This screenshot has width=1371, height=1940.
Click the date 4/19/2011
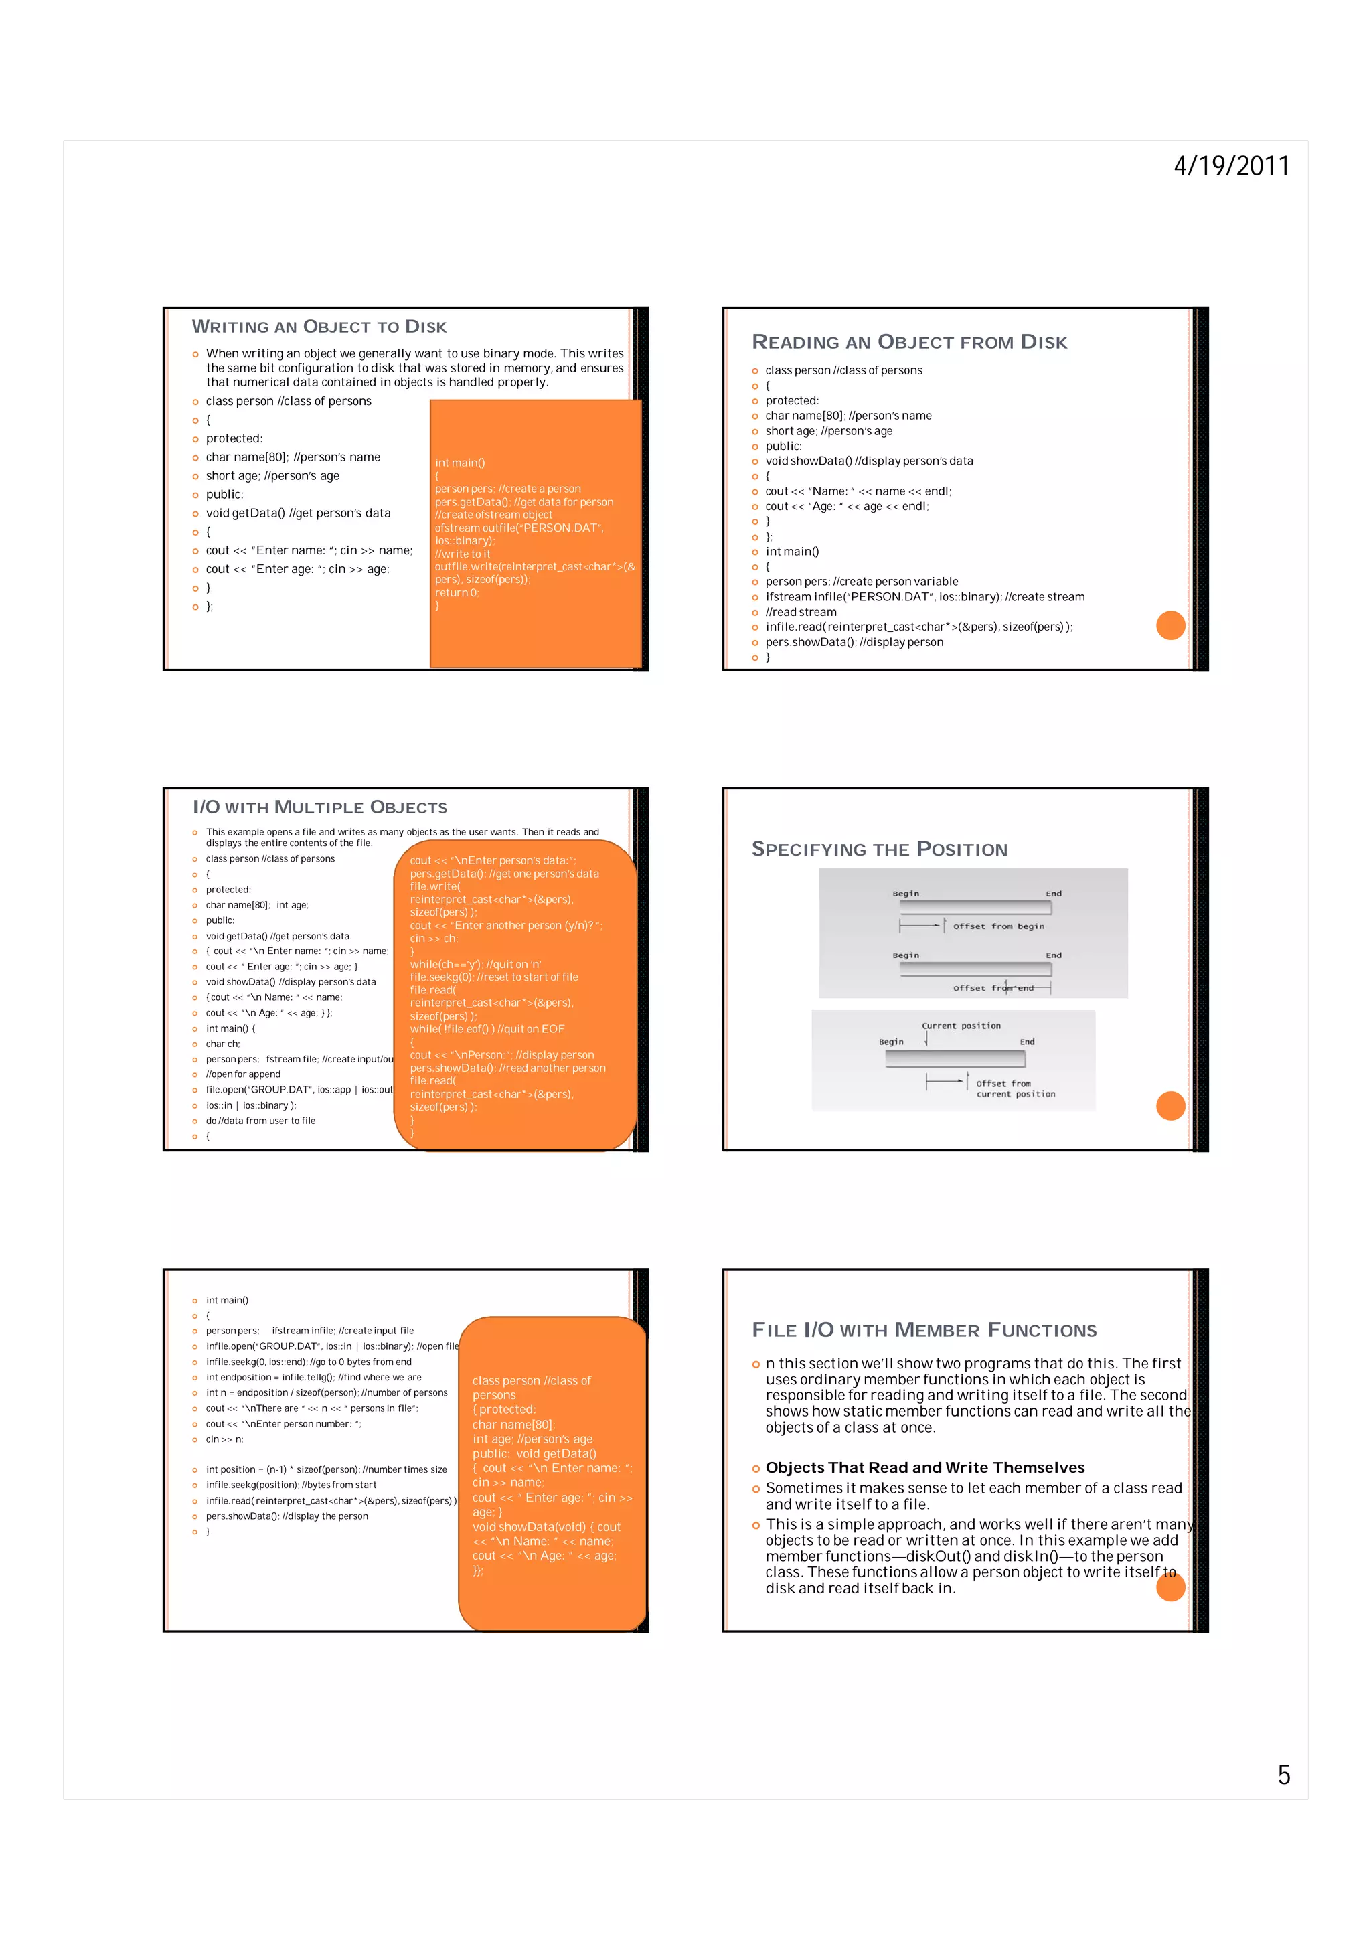point(1231,165)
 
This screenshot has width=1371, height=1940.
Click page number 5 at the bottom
point(1283,1775)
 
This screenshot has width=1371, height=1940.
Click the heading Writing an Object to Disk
point(319,327)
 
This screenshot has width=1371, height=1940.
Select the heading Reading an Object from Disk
point(909,342)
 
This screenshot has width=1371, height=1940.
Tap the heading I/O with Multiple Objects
point(320,807)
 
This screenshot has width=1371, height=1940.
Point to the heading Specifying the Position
point(880,850)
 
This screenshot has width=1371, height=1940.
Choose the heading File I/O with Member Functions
point(924,1330)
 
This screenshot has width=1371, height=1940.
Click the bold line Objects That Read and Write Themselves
point(925,1467)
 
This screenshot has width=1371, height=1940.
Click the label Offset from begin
point(999,926)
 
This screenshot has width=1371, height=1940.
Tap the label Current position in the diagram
point(961,1026)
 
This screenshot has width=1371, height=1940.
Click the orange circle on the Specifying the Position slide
point(1170,1105)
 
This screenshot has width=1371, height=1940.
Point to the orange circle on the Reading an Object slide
point(1170,625)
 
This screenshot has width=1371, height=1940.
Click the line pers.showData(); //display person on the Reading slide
point(854,642)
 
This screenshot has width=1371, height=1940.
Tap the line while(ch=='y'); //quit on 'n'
point(475,964)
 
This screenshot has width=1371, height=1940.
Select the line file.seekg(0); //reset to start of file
point(494,977)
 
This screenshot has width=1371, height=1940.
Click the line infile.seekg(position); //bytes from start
point(291,1485)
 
